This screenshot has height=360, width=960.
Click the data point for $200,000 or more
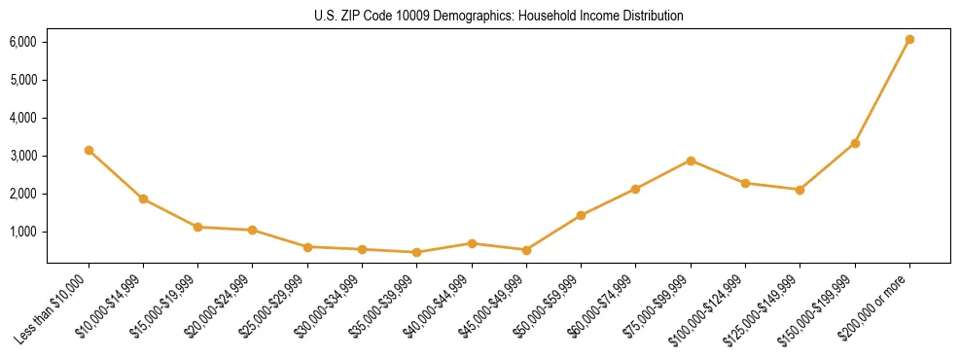click(x=909, y=40)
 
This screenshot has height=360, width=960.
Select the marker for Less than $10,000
click(x=89, y=150)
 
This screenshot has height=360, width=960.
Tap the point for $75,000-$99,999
click(x=691, y=161)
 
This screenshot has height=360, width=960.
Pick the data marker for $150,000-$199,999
click(x=855, y=143)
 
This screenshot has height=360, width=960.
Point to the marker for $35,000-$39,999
click(x=416, y=252)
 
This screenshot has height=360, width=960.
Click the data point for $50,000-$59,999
click(x=581, y=215)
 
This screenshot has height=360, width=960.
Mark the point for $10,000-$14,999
click(x=143, y=198)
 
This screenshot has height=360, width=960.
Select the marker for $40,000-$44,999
click(x=472, y=243)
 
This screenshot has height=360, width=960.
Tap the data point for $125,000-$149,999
click(x=800, y=190)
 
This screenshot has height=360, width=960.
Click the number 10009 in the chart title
click(x=414, y=17)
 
